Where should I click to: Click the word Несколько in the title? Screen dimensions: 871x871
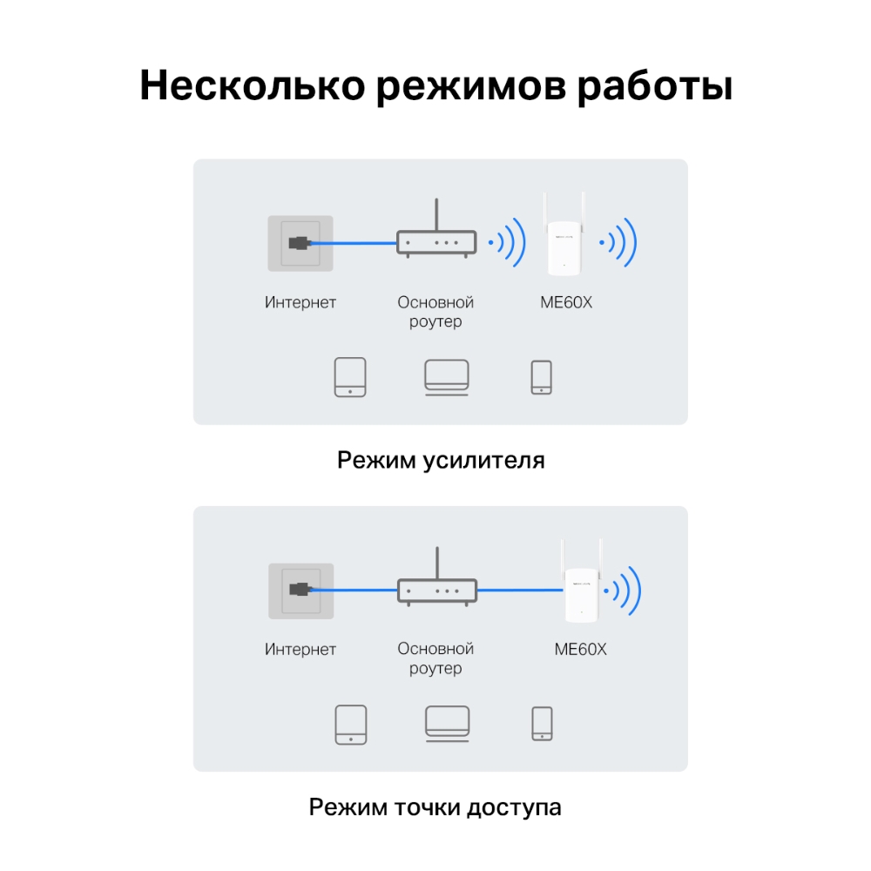[253, 85]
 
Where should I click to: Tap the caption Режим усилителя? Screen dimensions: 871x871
[441, 461]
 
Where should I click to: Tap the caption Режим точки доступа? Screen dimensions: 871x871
[435, 807]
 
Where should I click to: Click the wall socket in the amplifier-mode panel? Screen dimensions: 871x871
[300, 243]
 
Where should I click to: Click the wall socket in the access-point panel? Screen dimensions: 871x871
[301, 591]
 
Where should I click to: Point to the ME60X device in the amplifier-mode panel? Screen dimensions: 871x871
[564, 234]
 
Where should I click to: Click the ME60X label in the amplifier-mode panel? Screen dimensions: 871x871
[566, 303]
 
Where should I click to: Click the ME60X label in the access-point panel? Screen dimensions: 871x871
[580, 650]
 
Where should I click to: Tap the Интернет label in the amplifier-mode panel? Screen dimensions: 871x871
[300, 303]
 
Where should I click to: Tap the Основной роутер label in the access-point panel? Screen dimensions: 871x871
[435, 658]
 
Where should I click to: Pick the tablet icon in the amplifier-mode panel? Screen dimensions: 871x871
[350, 377]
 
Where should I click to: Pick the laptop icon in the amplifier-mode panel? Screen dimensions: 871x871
[447, 378]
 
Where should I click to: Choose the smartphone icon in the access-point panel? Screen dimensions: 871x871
[542, 724]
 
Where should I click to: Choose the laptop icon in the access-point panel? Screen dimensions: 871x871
[447, 724]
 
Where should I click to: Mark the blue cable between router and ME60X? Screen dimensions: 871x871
[520, 590]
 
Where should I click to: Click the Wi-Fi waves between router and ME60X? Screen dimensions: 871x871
[507, 242]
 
